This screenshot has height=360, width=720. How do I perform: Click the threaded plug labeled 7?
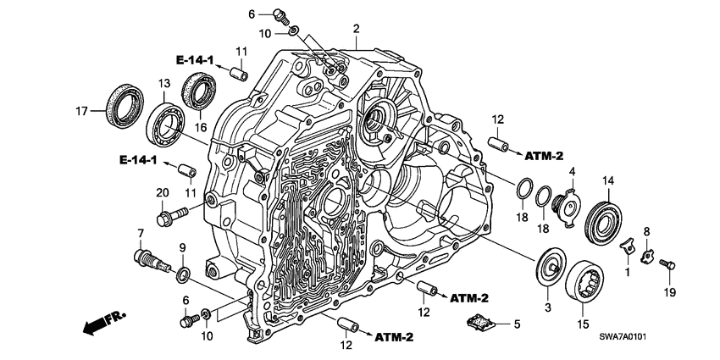coord(146,256)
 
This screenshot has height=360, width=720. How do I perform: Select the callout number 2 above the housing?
coord(357,28)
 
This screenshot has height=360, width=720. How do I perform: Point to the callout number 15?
coord(583,323)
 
